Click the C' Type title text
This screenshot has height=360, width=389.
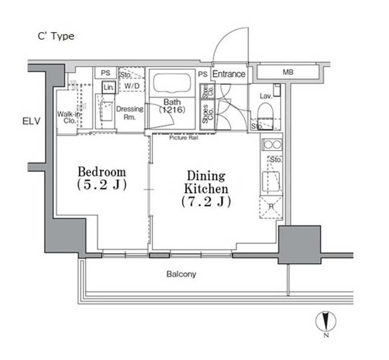[x=56, y=36]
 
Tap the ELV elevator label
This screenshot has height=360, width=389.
[x=31, y=122]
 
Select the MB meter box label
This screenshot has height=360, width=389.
[x=288, y=72]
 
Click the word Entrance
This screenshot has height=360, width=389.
[x=229, y=74]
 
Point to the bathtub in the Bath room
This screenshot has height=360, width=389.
[x=172, y=82]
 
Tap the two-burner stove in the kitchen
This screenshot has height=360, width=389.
[x=272, y=145]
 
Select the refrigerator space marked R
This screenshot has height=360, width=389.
[x=271, y=207]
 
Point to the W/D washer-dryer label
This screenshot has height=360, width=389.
[x=132, y=86]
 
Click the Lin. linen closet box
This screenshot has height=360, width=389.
[x=109, y=87]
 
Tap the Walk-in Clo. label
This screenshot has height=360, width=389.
[x=69, y=117]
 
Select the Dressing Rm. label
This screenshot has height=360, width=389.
[x=129, y=113]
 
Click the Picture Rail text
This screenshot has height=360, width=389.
[x=183, y=138]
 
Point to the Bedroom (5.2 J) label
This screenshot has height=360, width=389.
[x=102, y=178]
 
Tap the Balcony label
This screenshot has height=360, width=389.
[x=181, y=274]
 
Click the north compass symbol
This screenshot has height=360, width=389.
[x=325, y=321]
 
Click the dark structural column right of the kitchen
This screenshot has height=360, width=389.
[x=299, y=244]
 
